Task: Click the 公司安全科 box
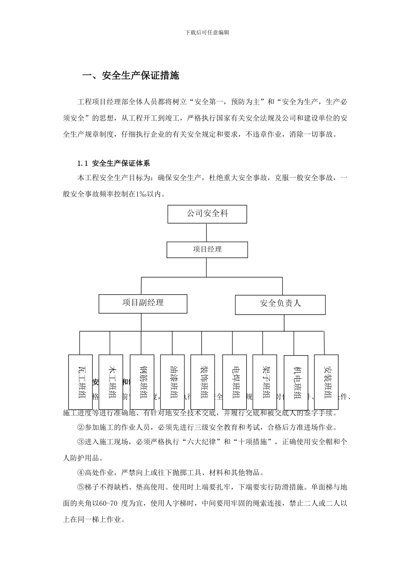[207, 214]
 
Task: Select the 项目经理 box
[207, 249]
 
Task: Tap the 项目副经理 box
[143, 303]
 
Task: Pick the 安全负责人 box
[280, 304]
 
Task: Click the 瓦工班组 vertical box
[81, 382]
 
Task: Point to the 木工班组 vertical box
[111, 382]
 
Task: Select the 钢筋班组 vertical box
[142, 382]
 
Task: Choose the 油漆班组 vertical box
[173, 382]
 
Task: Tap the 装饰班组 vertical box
[203, 382]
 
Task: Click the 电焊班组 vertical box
[234, 382]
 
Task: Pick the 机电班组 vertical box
[296, 382]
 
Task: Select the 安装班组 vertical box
[326, 382]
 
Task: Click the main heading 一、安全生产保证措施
[131, 76]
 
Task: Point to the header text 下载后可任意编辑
[207, 33]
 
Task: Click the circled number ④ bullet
[81, 473]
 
